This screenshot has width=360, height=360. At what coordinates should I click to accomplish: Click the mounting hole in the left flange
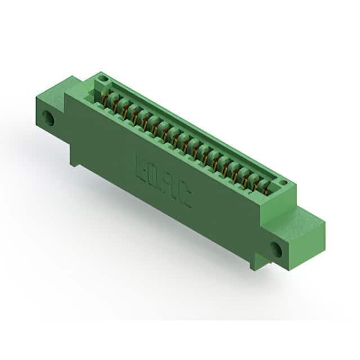[48, 119]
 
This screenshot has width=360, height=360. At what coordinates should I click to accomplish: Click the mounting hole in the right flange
[276, 249]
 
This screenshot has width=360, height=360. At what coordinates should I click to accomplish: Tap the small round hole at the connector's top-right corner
[283, 182]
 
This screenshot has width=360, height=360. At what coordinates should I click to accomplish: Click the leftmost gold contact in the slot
[105, 99]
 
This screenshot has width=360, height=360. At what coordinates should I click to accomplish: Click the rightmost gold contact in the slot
[265, 190]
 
